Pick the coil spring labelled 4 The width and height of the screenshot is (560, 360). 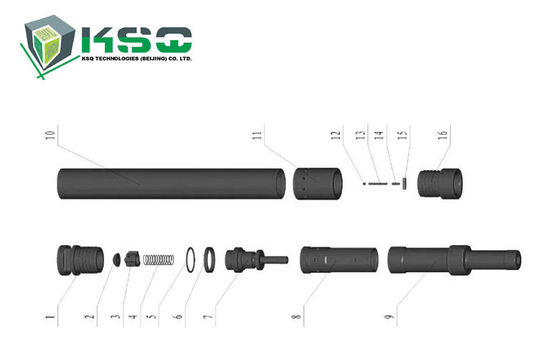[156, 259]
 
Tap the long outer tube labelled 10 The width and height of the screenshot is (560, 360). [170, 183]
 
